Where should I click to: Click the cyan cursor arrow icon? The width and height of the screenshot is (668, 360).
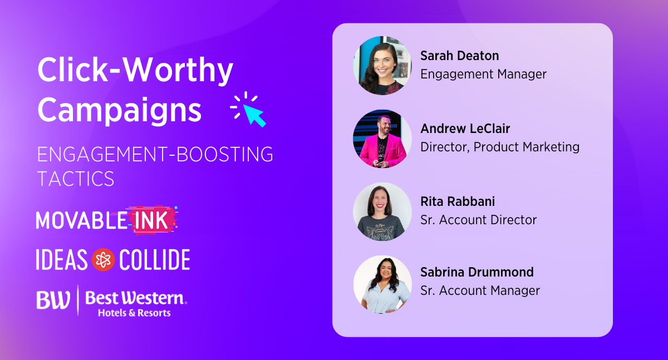(254, 115)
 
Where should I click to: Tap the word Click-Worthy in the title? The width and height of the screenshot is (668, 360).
(135, 70)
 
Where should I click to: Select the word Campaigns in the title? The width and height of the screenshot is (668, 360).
(120, 110)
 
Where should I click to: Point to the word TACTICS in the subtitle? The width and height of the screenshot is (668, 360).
(76, 179)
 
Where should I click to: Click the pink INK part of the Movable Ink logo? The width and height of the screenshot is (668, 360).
(151, 220)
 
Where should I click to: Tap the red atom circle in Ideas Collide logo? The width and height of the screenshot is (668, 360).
(103, 260)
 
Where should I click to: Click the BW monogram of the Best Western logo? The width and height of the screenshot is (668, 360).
(53, 300)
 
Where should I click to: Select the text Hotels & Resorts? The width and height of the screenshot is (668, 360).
(134, 313)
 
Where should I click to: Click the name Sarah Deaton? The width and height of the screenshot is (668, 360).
(460, 56)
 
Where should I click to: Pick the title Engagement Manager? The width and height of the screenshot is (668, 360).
(483, 74)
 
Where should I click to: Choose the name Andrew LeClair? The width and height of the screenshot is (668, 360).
(465, 129)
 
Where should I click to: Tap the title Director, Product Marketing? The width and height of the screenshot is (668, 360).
(500, 147)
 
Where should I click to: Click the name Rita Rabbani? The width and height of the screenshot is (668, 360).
(458, 201)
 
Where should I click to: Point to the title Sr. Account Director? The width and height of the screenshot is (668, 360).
(478, 220)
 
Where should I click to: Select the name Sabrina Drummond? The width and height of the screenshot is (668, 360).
(477, 272)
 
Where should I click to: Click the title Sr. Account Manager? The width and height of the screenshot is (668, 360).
(480, 290)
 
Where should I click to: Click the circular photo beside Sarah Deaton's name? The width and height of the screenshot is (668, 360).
(382, 66)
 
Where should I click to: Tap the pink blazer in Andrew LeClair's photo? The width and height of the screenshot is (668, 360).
(370, 150)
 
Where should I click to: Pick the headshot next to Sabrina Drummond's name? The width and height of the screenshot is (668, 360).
(382, 284)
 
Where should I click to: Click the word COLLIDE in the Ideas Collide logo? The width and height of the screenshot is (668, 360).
(155, 260)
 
